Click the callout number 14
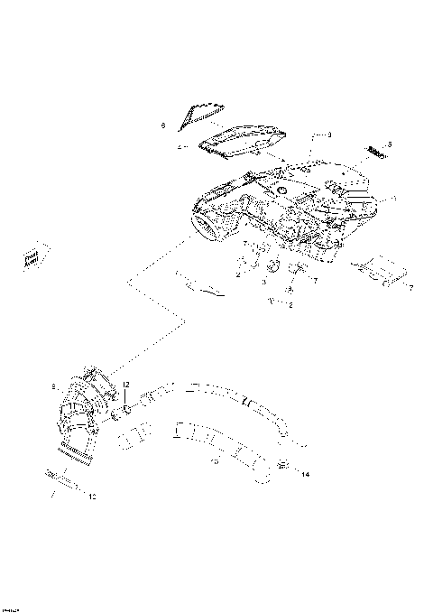305,474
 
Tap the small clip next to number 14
284,465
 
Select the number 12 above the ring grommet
126,385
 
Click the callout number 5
390,144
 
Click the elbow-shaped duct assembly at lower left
82,415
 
